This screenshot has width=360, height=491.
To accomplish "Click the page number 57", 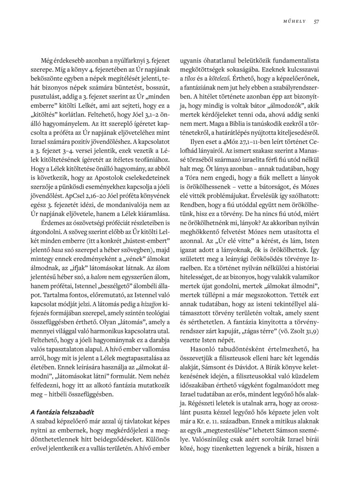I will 316,21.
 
